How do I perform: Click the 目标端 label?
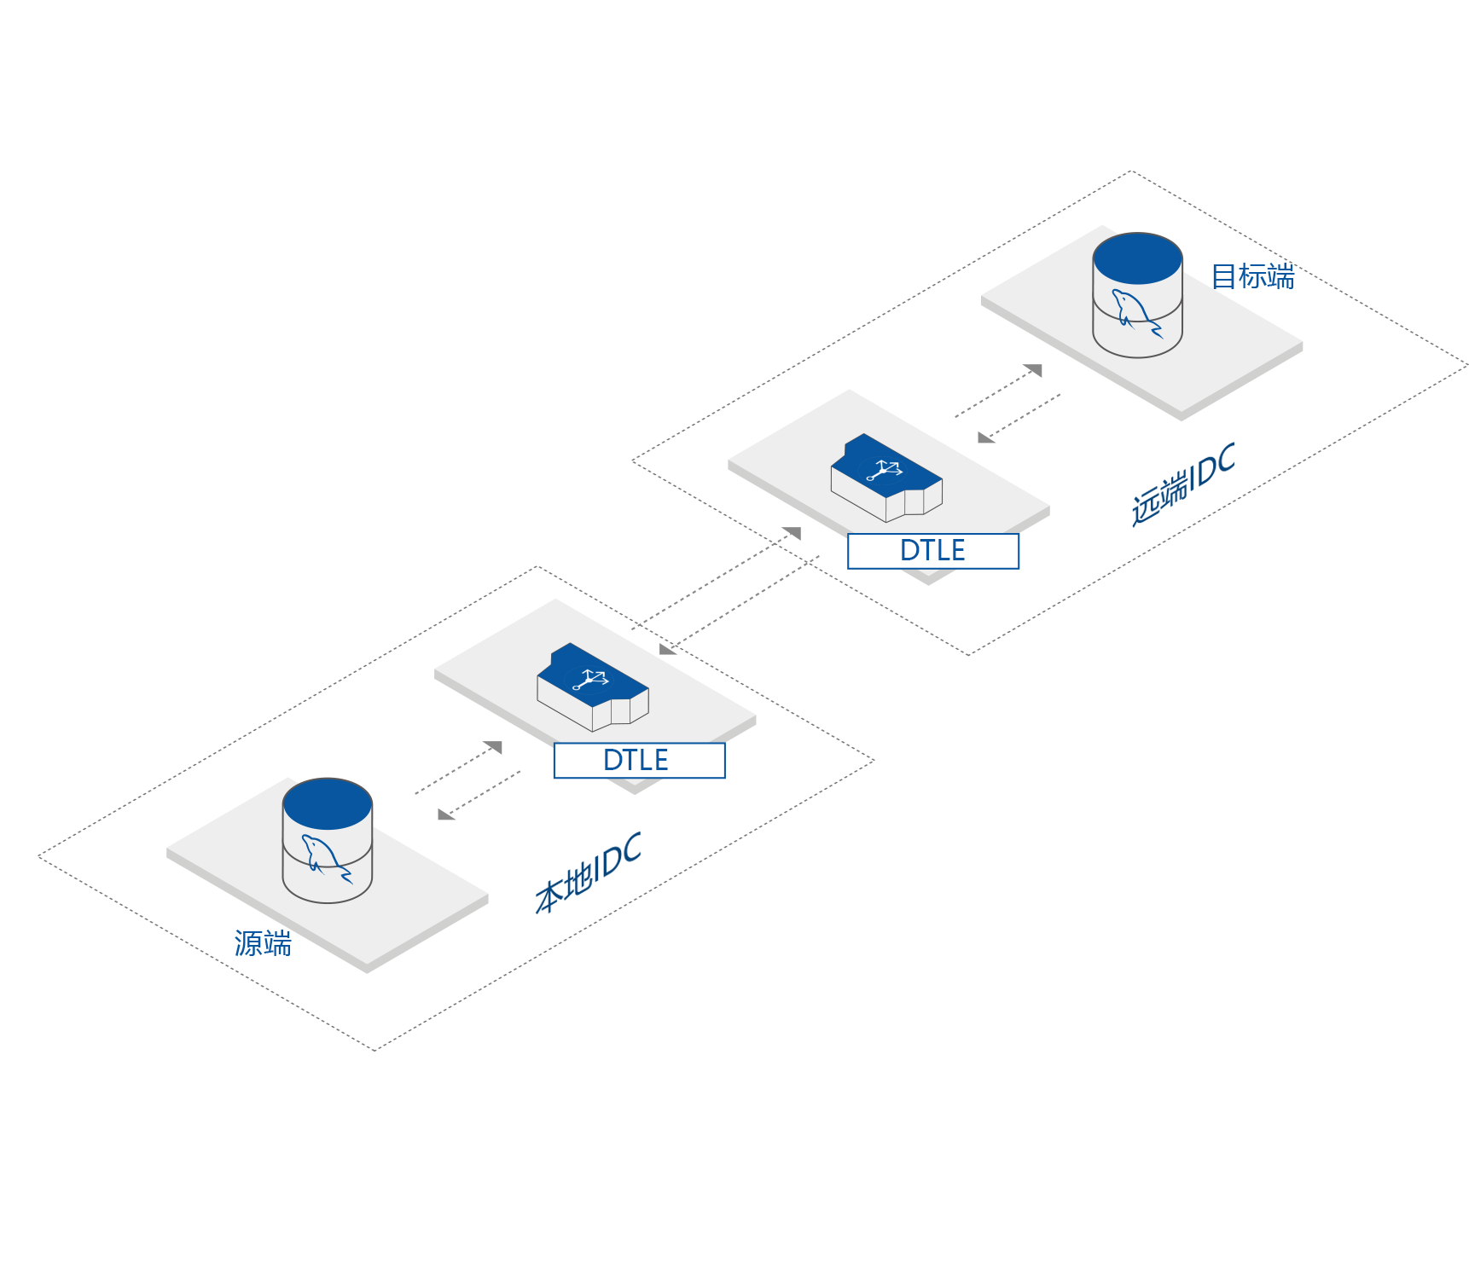(1251, 277)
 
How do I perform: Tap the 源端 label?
(263, 943)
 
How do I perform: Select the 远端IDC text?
(1182, 484)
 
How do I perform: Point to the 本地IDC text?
(588, 873)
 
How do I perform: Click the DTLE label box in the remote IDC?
(932, 551)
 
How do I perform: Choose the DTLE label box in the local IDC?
(639, 760)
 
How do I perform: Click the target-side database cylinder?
(1137, 294)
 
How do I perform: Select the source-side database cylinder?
(327, 840)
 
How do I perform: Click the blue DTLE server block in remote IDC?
(885, 477)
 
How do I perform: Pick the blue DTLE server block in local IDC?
(592, 686)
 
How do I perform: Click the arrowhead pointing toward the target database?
(1034, 370)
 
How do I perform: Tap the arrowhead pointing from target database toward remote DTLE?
(985, 437)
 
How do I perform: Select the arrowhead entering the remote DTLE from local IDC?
(793, 533)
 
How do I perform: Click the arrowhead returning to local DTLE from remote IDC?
(668, 649)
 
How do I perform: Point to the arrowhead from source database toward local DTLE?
(494, 747)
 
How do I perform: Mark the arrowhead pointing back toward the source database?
(445, 814)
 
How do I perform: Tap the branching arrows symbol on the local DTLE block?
(590, 679)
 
